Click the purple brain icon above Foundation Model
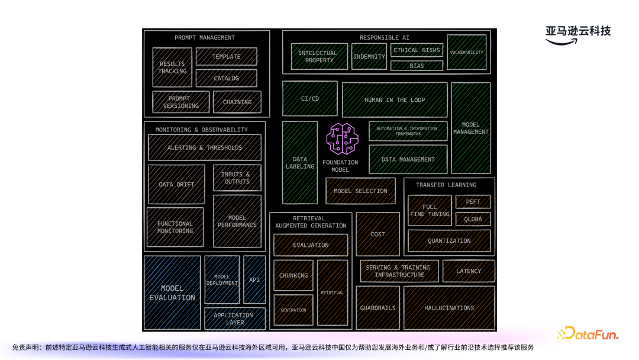[x=343, y=139]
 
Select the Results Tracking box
[x=172, y=67]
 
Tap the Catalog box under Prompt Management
[x=227, y=78]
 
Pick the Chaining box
[x=237, y=102]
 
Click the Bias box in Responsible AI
[x=417, y=66]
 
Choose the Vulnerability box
[x=467, y=52]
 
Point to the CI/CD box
[x=310, y=98]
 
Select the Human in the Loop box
[x=395, y=100]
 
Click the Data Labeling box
[x=300, y=163]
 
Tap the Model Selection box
[x=360, y=191]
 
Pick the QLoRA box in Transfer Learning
[x=473, y=219]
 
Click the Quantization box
[x=449, y=241]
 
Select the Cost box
[x=377, y=234]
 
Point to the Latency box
[x=469, y=271]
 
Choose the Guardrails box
[x=377, y=308]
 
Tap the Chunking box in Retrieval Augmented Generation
[x=293, y=275]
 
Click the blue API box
[x=254, y=279]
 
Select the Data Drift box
[x=176, y=184]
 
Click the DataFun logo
[x=588, y=334]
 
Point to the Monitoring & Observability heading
[x=202, y=130]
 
